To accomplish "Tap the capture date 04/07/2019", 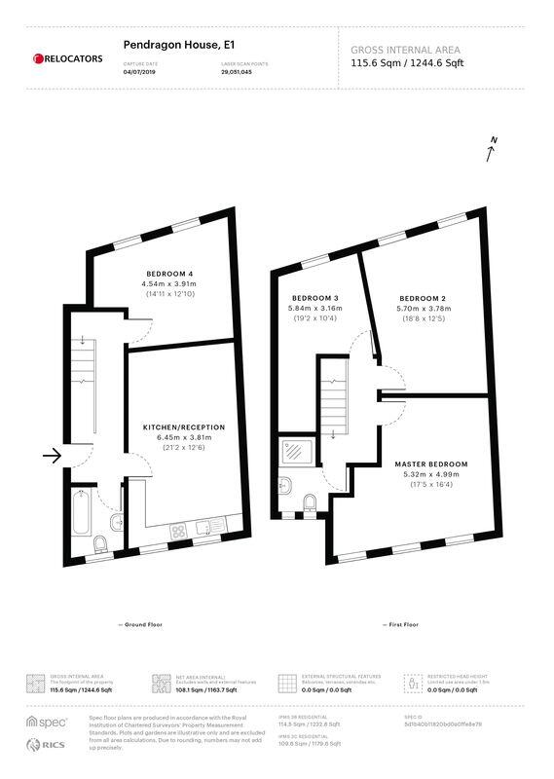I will point(139,72).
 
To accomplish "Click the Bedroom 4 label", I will point(170,273).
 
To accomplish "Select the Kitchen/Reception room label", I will point(184,427).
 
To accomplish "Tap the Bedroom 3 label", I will point(314,297).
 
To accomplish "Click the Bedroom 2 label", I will point(423,297).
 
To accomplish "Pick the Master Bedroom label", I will point(431,464).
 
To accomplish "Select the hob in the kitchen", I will point(180,532).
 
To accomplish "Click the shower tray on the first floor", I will point(293,451).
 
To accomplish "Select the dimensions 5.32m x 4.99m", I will point(431,474).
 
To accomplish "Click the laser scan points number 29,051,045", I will point(237,72).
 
